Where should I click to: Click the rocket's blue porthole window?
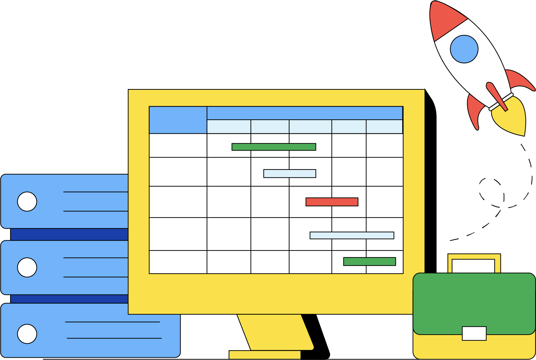tap(464, 49)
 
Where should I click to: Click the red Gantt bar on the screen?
tap(332, 202)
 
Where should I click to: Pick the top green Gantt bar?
tap(274, 147)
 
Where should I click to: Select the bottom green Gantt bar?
tap(369, 262)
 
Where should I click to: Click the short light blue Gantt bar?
tap(290, 173)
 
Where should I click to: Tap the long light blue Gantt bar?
tap(351, 235)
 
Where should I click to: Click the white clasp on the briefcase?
tap(474, 333)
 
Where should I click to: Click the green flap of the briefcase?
tap(474, 300)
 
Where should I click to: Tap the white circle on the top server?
tap(27, 202)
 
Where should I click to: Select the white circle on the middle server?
tap(27, 267)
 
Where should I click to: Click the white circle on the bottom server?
tap(27, 334)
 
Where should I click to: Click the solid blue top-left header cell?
tap(178, 120)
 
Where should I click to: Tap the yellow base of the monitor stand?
tap(264, 355)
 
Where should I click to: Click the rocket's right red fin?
tap(520, 80)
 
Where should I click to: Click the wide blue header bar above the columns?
tap(305, 113)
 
